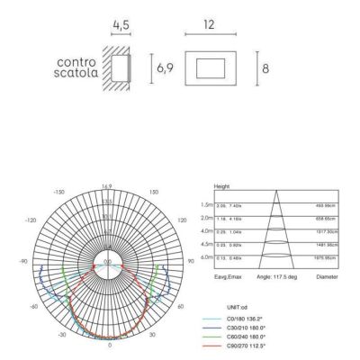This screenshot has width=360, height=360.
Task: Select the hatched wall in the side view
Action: [x=112, y=67]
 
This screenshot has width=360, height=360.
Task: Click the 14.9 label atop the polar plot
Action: [x=109, y=186]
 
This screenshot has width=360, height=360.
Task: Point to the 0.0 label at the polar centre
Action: [x=109, y=262]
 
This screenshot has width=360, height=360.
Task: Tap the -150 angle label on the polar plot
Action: [x=61, y=193]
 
